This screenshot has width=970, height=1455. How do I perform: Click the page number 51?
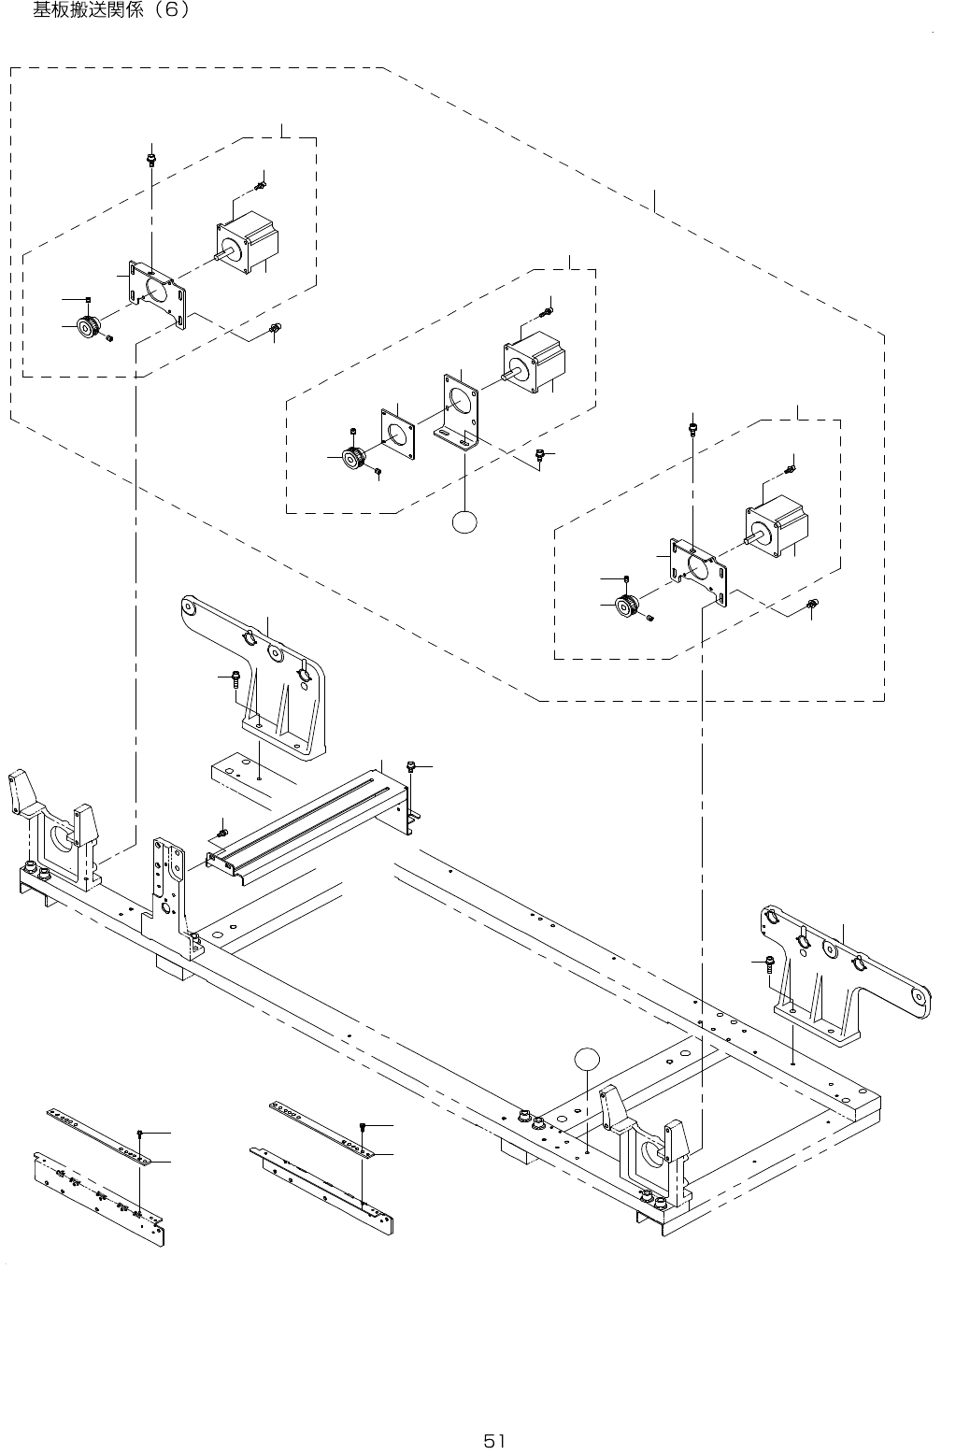point(493,1441)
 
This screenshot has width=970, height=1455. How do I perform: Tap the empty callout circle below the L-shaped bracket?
point(464,521)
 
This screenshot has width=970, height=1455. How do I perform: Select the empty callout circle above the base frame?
point(587,1059)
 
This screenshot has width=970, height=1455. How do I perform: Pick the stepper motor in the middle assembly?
point(534,363)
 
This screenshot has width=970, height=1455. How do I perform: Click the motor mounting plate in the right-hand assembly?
point(698,572)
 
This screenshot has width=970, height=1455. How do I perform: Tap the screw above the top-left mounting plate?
point(152,159)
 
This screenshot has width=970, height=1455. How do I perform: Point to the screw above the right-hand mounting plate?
point(693,429)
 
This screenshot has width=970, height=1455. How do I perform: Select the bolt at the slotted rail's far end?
point(410,766)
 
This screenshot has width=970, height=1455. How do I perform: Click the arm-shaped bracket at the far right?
point(845,975)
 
